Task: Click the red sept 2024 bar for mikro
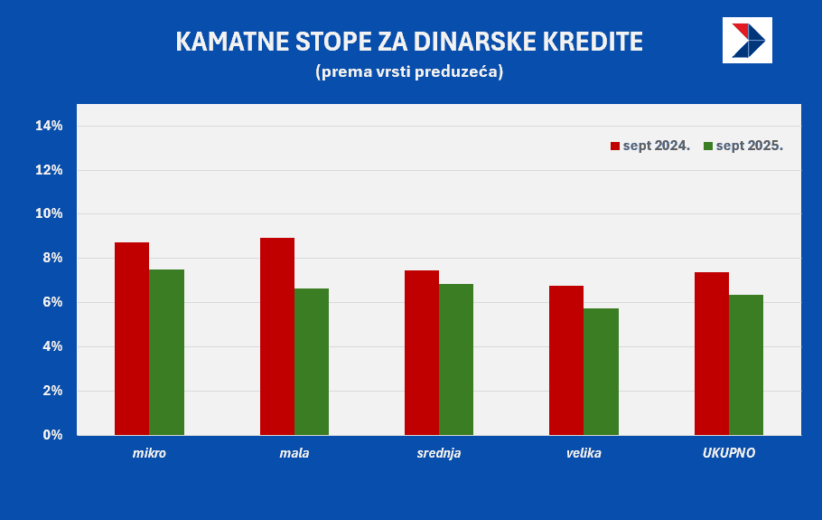tap(132, 338)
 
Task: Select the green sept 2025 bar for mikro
tap(166, 352)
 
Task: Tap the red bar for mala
tap(276, 336)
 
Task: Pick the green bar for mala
tap(312, 362)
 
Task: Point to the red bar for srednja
tap(422, 353)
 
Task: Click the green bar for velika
tap(601, 372)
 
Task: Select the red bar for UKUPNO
tap(712, 354)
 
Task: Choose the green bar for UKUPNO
tap(746, 364)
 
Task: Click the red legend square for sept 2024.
tap(615, 146)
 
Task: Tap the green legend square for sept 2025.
tap(708, 146)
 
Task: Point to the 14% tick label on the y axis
tap(49, 126)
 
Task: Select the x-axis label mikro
tap(149, 453)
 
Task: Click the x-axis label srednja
tap(439, 453)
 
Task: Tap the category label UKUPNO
tap(729, 453)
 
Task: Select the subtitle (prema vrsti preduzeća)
tap(409, 71)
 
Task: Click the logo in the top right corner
tap(747, 40)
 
